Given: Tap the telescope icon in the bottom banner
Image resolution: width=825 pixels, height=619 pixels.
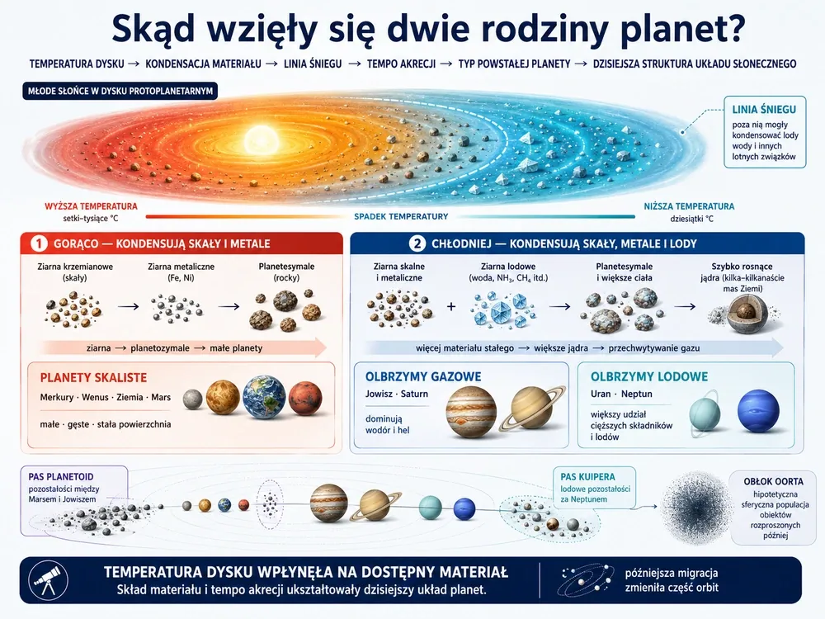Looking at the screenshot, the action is [x=48, y=580].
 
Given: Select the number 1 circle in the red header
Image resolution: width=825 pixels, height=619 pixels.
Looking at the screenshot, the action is [x=39, y=243].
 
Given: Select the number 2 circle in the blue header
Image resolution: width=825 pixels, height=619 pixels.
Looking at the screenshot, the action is [x=417, y=243].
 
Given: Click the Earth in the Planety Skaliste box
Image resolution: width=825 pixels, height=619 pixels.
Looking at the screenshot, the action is [x=264, y=398].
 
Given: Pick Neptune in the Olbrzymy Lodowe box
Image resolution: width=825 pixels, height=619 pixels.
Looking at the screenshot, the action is [x=758, y=411].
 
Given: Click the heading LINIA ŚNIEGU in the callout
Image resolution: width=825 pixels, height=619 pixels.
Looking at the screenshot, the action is [x=764, y=110].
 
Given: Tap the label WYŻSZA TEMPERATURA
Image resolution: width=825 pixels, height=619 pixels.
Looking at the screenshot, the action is [x=91, y=206].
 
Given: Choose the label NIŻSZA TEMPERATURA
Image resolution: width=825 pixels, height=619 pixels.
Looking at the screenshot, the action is [x=689, y=206].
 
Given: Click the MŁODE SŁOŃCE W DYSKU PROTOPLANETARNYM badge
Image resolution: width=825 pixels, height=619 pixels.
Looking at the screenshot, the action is [x=120, y=91].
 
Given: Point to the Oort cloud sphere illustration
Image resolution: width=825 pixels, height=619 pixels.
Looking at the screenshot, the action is [x=695, y=508].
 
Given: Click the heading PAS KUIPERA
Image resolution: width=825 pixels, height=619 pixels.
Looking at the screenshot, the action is [x=587, y=477].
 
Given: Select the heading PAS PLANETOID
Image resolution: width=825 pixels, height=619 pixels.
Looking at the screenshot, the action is [x=61, y=477].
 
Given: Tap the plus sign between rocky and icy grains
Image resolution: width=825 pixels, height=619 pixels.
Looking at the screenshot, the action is [x=451, y=306].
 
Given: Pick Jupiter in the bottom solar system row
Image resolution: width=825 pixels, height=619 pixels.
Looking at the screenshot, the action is [x=329, y=503].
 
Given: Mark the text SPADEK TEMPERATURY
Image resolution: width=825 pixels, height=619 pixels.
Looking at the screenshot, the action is [x=401, y=216].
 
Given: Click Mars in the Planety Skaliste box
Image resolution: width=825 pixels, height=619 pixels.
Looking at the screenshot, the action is [x=305, y=399].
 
